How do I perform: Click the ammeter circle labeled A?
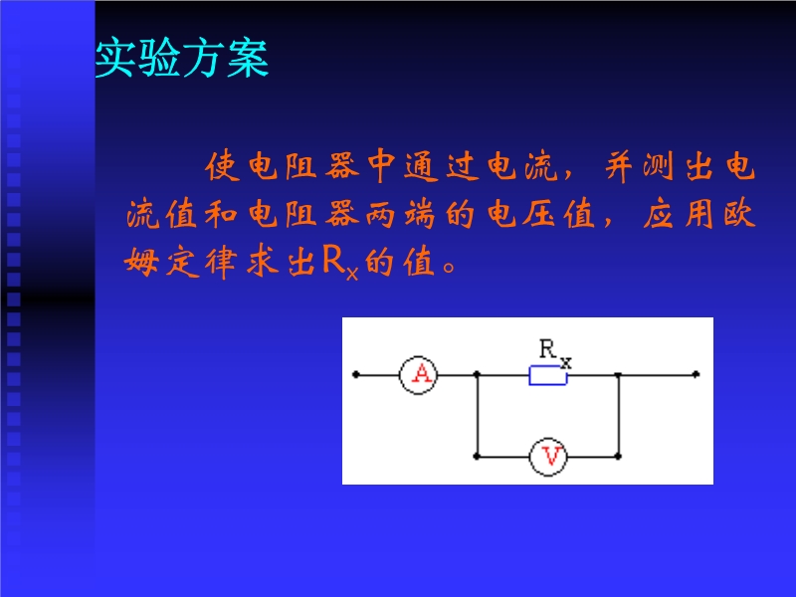418,375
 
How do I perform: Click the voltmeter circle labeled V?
548,457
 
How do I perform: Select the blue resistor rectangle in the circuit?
548,376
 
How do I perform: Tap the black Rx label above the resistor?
555,353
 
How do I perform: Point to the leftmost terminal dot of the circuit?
356,375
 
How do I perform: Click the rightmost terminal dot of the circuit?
696,375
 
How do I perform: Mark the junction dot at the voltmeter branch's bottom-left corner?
477,457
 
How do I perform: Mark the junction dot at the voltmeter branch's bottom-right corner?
618,457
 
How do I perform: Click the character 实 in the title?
116,58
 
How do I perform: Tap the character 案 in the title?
248,58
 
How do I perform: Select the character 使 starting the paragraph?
222,166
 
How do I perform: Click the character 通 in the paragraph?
421,166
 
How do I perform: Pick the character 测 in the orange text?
658,166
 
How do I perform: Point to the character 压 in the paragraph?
538,214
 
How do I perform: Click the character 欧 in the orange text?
739,214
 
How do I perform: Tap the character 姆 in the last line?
141,262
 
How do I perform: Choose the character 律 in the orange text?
221,262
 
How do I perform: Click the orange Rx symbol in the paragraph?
340,263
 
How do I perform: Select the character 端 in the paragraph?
420,214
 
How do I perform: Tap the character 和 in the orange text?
221,214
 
